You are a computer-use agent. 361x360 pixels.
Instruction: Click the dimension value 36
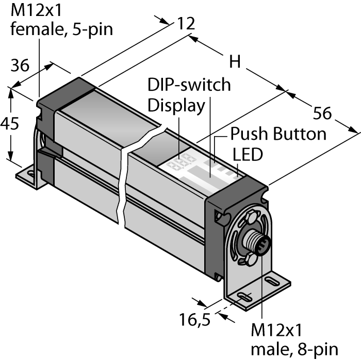20,66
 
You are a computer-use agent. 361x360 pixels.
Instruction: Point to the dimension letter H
235,62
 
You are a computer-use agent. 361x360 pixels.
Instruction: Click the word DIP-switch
189,85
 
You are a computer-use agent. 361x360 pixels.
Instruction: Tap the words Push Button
278,134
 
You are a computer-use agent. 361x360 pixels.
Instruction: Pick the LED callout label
248,154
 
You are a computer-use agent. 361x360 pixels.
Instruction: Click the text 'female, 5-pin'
62,29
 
